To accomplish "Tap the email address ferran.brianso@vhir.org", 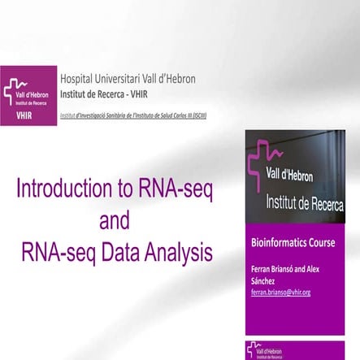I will [280, 292].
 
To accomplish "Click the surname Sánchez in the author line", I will [263, 280].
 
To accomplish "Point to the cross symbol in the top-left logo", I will [15, 91].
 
